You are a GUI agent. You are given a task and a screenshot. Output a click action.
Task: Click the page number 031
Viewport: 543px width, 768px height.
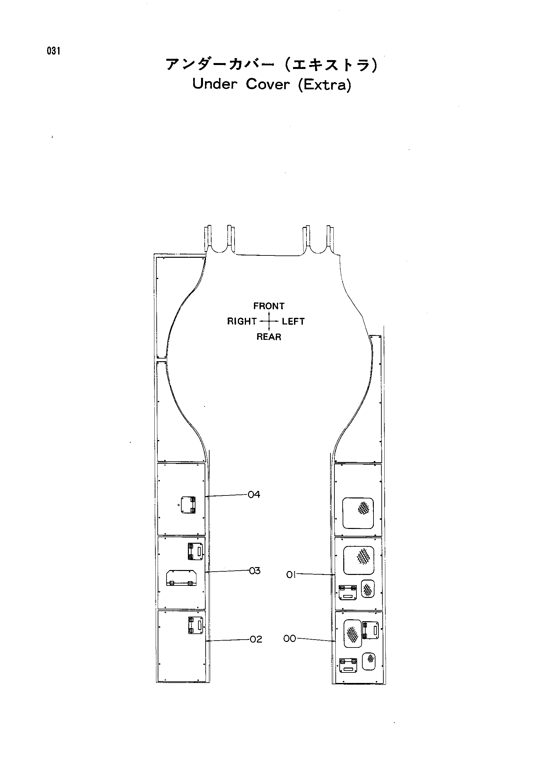click(54, 51)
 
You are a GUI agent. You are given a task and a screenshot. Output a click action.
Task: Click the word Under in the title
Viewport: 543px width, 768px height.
click(215, 84)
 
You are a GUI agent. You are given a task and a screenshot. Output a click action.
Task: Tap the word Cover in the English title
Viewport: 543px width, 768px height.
click(267, 84)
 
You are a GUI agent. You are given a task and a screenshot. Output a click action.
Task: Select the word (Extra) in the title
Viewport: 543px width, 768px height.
click(325, 85)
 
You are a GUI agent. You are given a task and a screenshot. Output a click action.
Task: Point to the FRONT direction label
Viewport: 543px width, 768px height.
click(269, 306)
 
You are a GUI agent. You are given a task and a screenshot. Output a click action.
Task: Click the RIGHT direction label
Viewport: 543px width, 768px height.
click(242, 321)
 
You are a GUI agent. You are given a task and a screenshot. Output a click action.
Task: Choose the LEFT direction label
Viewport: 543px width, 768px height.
click(293, 321)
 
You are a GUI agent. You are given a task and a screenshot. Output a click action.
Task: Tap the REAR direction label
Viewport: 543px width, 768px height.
click(269, 337)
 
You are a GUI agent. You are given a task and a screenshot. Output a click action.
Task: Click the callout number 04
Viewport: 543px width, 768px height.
click(254, 494)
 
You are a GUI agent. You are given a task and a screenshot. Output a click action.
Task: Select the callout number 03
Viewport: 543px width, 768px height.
click(255, 571)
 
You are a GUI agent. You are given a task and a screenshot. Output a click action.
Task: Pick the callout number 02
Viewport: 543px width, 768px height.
click(256, 639)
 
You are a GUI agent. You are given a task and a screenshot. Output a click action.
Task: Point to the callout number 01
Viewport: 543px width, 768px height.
click(291, 575)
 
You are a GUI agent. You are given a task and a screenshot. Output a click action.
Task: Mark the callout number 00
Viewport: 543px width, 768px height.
click(290, 639)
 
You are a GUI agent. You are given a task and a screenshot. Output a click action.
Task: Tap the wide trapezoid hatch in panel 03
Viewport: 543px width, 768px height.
click(181, 578)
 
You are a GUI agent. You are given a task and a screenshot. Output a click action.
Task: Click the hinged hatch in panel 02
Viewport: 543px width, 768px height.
click(195, 625)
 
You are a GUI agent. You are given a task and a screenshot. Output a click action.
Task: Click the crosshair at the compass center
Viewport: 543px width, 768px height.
click(269, 321)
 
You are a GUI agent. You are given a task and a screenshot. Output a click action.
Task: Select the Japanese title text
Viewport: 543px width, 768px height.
click(272, 64)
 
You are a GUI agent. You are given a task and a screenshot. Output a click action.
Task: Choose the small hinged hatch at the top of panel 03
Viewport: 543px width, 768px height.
click(195, 552)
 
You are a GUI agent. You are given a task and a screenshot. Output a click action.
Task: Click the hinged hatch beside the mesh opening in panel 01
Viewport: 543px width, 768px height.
click(348, 592)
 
